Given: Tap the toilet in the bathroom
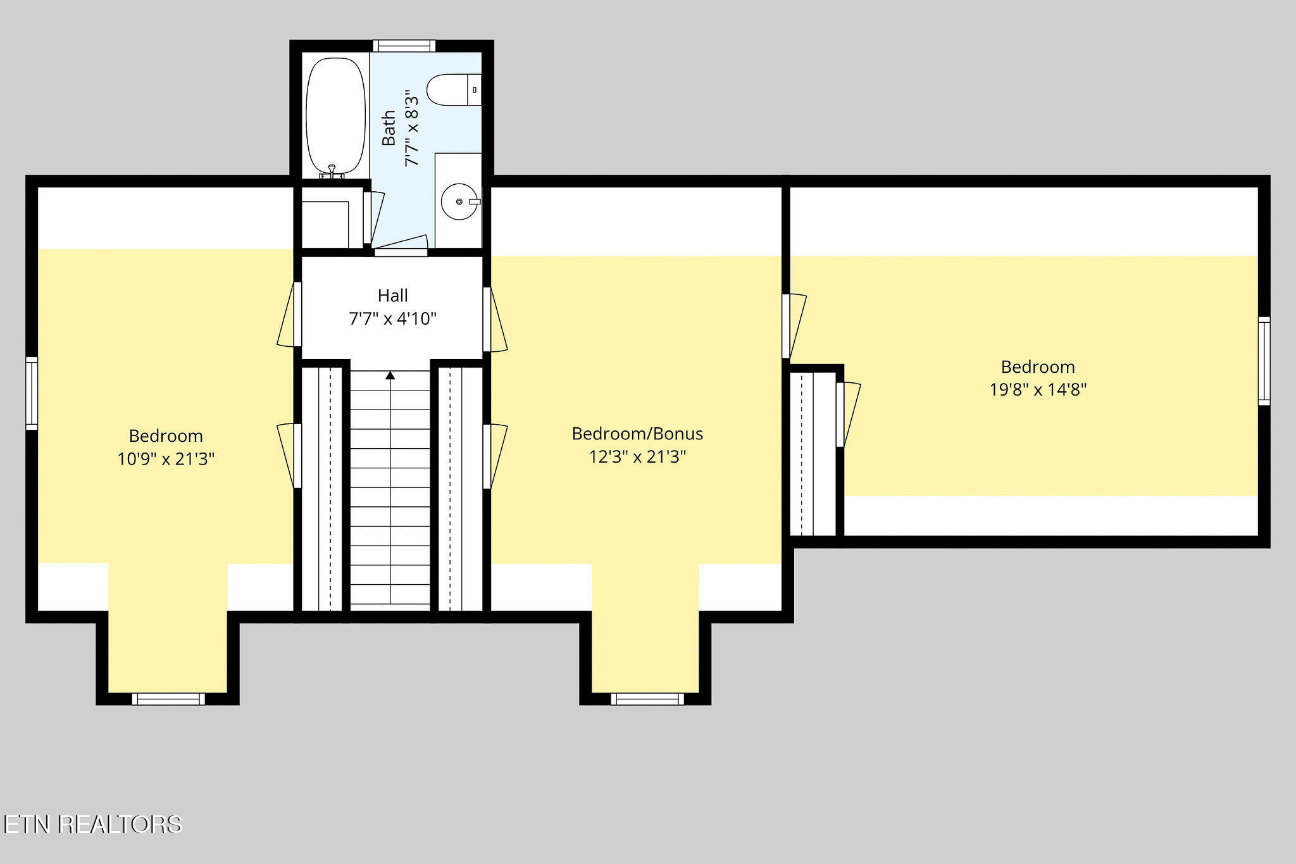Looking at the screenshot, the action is click(x=454, y=90).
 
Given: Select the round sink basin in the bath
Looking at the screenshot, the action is click(x=459, y=201).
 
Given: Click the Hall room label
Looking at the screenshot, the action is click(x=392, y=296).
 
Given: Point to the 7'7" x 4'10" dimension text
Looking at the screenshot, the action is click(x=392, y=318).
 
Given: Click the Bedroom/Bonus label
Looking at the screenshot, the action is click(x=637, y=434).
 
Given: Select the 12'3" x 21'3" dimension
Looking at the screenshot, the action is click(x=637, y=456).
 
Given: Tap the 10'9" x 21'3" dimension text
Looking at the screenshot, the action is click(x=166, y=458).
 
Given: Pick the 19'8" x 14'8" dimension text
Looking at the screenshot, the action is click(x=1038, y=389).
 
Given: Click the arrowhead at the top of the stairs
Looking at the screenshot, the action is click(x=390, y=375).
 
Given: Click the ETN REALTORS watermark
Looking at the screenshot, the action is click(x=92, y=824).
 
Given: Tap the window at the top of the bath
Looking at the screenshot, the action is click(x=404, y=46).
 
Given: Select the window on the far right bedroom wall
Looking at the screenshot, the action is click(x=1264, y=361).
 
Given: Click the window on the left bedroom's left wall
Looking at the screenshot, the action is click(x=32, y=394).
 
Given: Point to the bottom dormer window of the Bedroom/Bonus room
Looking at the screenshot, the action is click(x=647, y=699).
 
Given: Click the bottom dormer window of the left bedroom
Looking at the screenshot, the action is click(x=168, y=699).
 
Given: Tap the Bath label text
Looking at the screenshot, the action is click(x=389, y=128).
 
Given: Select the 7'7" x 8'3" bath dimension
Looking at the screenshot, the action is click(x=411, y=128).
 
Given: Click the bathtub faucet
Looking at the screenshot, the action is click(x=332, y=170).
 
